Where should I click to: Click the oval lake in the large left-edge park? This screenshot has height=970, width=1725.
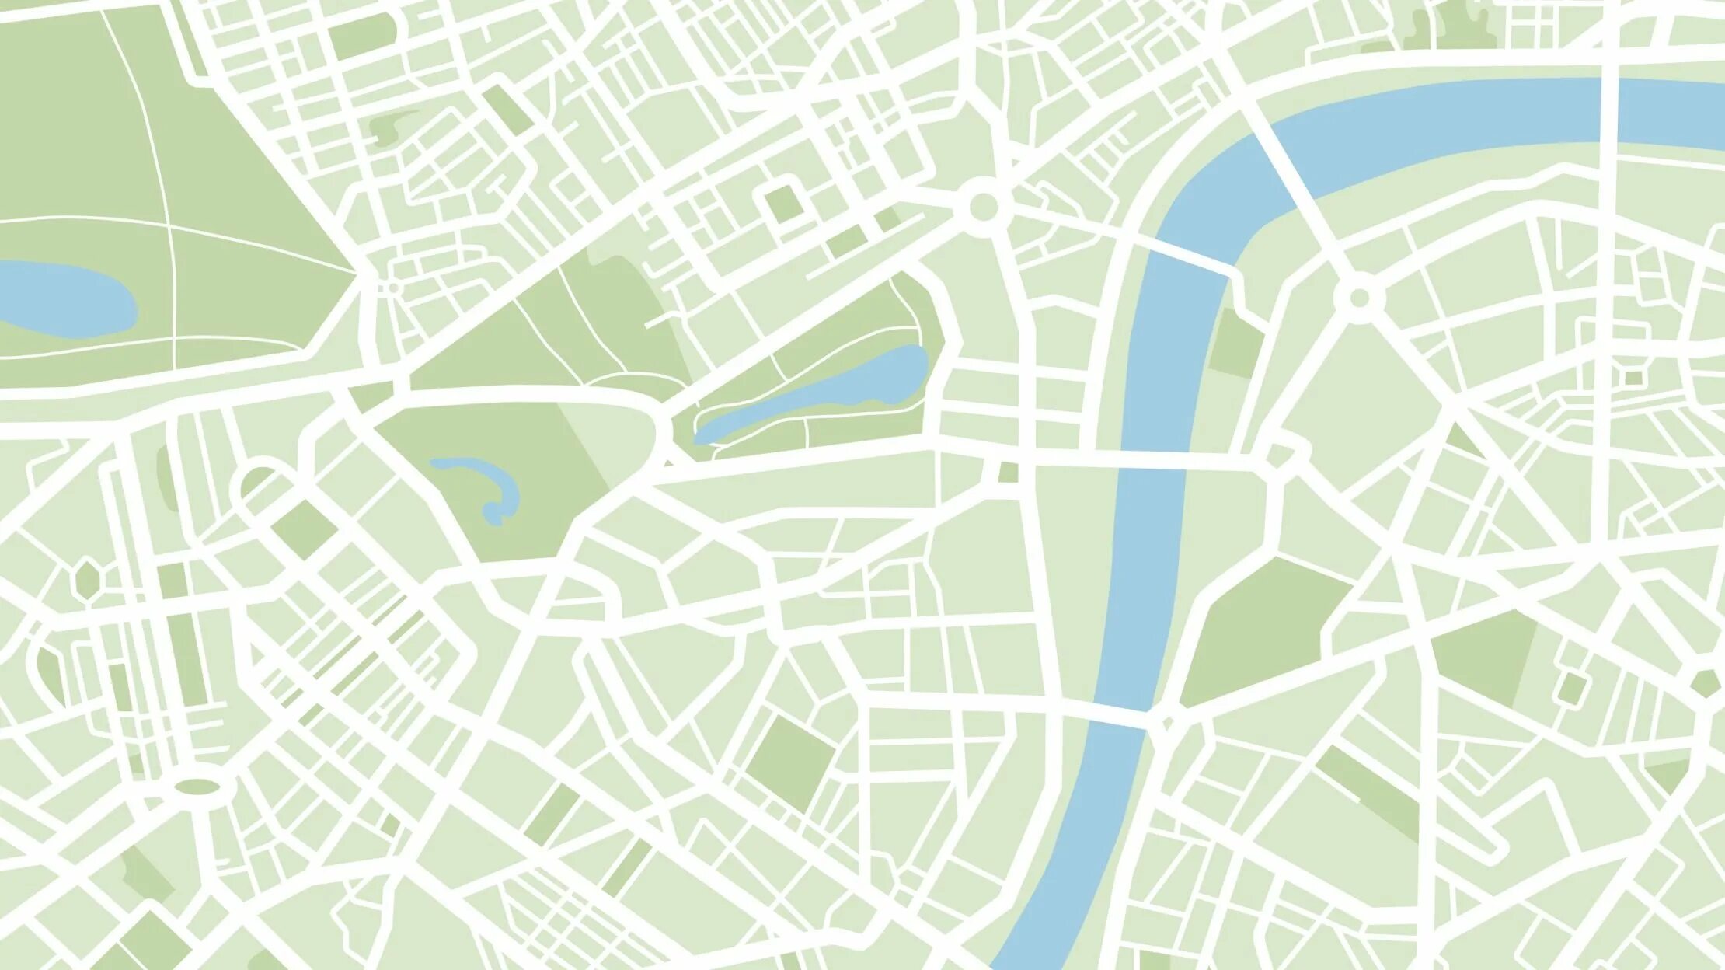[66, 299]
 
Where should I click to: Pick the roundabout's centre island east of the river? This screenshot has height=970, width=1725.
[1359, 298]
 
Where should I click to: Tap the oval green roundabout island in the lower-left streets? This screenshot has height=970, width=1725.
[197, 787]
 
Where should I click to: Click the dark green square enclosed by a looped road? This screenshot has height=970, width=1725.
[785, 204]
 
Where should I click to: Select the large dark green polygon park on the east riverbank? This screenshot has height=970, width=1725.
[1263, 633]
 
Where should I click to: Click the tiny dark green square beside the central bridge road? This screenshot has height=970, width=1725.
[1008, 472]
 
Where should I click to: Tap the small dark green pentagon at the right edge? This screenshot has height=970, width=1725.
[1706, 684]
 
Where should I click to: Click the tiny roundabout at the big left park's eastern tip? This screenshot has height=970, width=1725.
[393, 288]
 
